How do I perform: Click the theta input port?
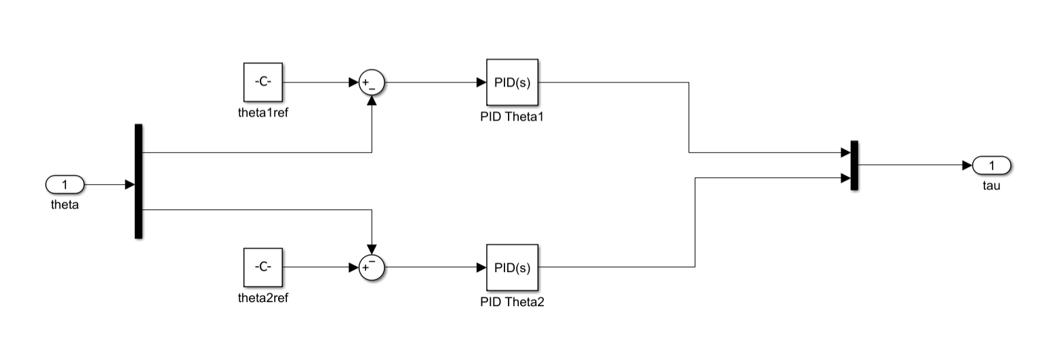coord(65,185)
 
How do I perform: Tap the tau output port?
coord(991,165)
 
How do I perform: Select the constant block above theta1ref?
coord(262,82)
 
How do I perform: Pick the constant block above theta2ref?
coord(262,267)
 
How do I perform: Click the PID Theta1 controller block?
coord(512,82)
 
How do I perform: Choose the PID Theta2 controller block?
coord(512,267)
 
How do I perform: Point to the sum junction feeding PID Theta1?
coord(372,83)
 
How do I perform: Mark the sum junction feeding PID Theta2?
coord(372,267)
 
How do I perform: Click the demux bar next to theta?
coord(138,181)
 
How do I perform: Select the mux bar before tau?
coord(854,166)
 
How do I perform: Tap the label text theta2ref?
coord(262,297)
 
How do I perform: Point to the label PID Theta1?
coord(511,117)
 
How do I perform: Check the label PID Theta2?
coord(512,302)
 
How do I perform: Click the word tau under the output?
coord(991,185)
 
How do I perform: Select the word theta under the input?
coord(65,204)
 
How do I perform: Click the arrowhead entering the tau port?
coord(967,165)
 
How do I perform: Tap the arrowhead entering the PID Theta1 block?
coord(481,82)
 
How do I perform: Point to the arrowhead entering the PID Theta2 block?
coord(481,267)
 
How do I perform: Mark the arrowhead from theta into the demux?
coord(130,185)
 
